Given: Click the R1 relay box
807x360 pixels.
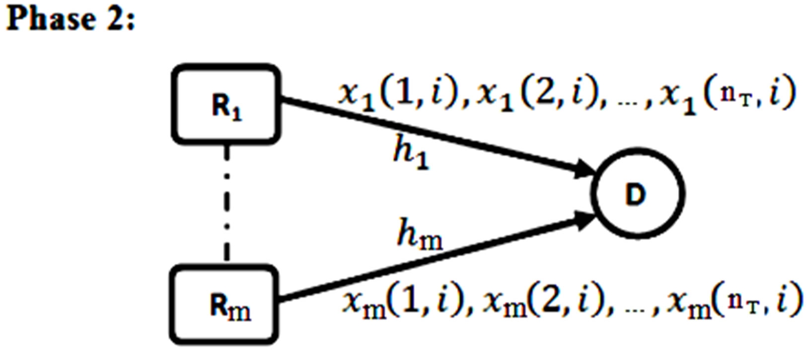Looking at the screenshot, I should pyautogui.click(x=226, y=104).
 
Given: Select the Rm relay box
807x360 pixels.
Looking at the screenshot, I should pyautogui.click(x=224, y=305).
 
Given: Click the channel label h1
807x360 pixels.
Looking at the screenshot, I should pyautogui.click(x=411, y=153).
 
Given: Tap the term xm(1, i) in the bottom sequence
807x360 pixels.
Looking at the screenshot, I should pyautogui.click(x=402, y=301).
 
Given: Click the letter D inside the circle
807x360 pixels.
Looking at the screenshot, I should pyautogui.click(x=636, y=195).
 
